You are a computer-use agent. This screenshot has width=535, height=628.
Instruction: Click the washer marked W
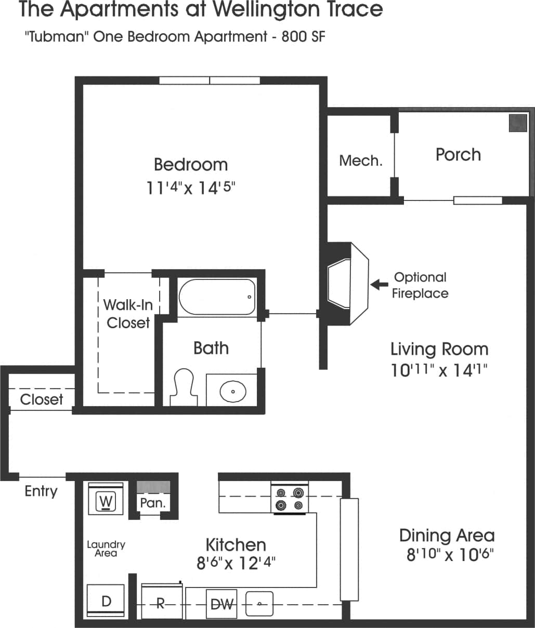[x=106, y=500]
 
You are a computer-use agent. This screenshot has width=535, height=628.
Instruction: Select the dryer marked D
[x=106, y=600]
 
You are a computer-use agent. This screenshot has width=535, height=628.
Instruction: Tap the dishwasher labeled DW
[x=221, y=604]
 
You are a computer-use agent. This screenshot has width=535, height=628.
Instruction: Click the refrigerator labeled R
[x=161, y=603]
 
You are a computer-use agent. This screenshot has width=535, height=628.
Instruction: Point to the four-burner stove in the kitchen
[x=290, y=498]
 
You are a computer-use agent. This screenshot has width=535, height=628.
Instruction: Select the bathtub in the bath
[x=217, y=297]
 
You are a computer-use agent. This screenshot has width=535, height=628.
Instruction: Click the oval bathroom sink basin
[x=232, y=391]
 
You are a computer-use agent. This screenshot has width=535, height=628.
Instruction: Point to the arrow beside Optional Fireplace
[x=380, y=284]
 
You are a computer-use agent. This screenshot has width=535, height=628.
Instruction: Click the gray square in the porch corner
[x=517, y=123]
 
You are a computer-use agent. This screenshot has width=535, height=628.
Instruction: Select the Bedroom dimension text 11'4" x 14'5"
[x=191, y=187]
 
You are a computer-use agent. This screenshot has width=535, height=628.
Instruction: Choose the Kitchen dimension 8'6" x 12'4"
[x=236, y=563]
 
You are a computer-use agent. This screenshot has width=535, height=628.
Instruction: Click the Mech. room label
[x=360, y=161]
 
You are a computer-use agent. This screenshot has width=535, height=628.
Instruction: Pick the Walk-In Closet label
[x=128, y=313]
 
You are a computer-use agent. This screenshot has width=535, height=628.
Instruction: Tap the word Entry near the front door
[x=41, y=491]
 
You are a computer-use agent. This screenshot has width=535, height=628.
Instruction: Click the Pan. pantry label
[x=153, y=503]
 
